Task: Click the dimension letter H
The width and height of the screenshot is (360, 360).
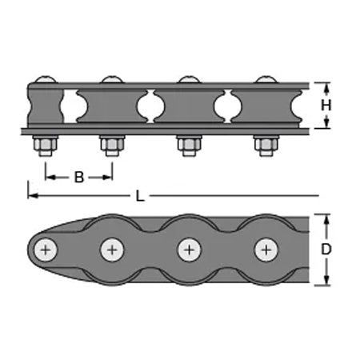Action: pos(326,105)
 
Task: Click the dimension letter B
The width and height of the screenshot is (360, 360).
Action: pos(79,177)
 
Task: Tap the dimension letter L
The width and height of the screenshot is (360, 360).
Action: pos(140,196)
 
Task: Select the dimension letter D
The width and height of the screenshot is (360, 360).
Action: pos(326,250)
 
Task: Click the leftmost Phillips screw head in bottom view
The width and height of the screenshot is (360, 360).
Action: pos(46,250)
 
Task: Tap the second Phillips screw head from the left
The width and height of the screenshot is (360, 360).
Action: pos(112,250)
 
